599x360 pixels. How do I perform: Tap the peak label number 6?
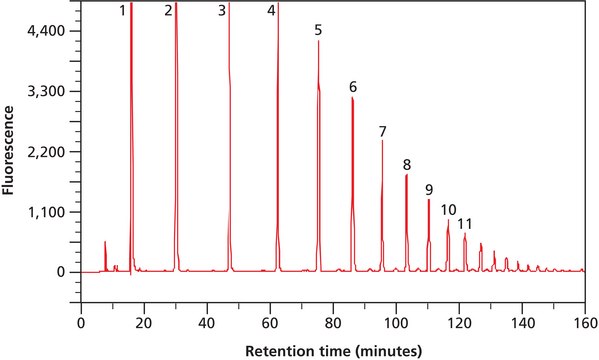(x=353, y=87)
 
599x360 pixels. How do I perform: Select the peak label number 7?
(x=382, y=132)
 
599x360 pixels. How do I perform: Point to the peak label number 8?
(x=407, y=164)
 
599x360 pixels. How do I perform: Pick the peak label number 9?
(x=429, y=189)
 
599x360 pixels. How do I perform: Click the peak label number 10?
(x=449, y=209)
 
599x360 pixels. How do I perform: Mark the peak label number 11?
(x=465, y=223)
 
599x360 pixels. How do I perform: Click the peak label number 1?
(x=122, y=10)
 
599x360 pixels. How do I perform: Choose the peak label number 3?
(x=221, y=10)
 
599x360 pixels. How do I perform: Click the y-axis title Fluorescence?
(x=10, y=150)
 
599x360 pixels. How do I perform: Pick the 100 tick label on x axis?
(x=396, y=323)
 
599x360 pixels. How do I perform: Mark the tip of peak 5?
(x=318, y=41)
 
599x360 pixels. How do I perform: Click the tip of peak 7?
(x=382, y=141)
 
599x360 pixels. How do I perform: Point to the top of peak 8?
(x=406, y=175)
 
